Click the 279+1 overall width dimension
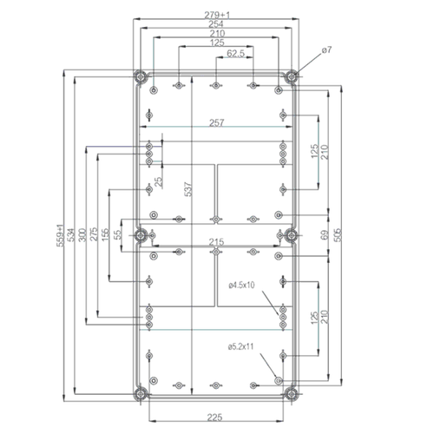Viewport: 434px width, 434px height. pos(216,14)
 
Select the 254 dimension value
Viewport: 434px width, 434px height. pos(216,24)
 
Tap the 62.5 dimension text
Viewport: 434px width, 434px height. pos(234,54)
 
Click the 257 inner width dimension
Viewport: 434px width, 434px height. pos(216,123)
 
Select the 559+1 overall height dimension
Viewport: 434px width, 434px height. pos(62,234)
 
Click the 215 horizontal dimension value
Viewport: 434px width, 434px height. pos(216,242)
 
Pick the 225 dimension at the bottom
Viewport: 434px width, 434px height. pos(216,418)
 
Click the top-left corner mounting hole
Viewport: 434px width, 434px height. pos(140,75)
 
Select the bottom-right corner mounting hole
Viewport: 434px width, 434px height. pos(292,394)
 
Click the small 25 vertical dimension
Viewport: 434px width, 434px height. pos(157,184)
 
